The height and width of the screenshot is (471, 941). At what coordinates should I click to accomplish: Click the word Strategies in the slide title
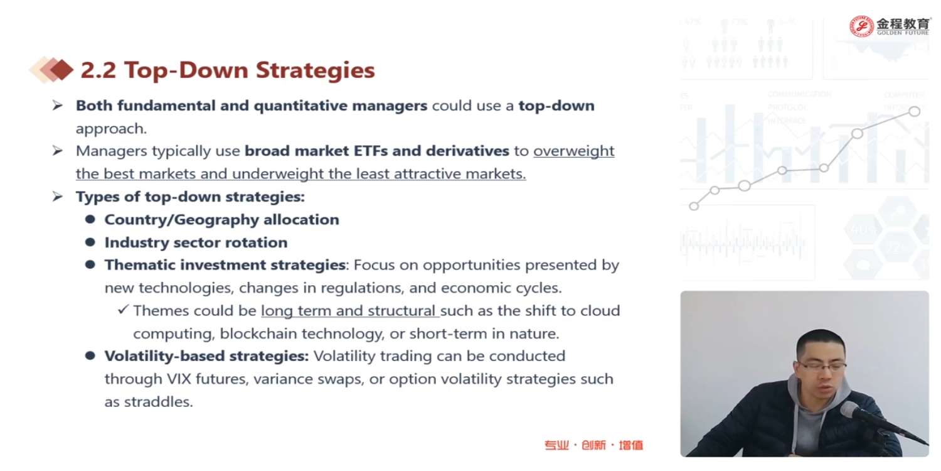tap(315, 71)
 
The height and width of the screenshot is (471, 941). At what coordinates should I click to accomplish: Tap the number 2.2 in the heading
tap(98, 70)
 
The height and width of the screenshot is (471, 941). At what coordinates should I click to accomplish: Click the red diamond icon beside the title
tap(61, 69)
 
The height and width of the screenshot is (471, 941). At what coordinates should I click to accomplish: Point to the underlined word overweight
tap(574, 151)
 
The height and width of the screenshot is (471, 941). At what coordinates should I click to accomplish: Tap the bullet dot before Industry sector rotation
tap(90, 242)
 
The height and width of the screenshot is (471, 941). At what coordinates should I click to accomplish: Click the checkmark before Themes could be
tap(123, 310)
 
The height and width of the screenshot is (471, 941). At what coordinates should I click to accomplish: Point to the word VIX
tap(179, 379)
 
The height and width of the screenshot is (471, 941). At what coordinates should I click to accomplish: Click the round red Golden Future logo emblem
tap(861, 26)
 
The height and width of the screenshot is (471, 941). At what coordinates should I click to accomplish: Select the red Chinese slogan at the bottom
tap(593, 445)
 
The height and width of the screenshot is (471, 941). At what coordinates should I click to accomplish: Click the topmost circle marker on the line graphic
tap(915, 111)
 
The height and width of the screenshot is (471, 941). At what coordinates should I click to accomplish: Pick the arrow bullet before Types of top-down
tap(58, 197)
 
